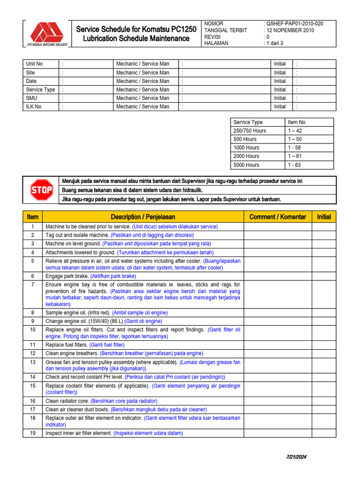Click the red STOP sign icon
(42, 190)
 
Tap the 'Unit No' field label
(34, 64)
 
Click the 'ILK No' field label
(34, 106)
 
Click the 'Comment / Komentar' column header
(278, 217)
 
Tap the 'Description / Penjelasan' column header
(143, 217)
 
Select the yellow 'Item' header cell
(33, 217)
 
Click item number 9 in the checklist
(33, 321)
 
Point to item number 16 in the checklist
(33, 401)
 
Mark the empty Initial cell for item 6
(324, 276)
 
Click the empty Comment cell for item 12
(278, 353)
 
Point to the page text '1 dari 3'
(276, 43)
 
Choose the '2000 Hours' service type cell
(246, 156)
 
